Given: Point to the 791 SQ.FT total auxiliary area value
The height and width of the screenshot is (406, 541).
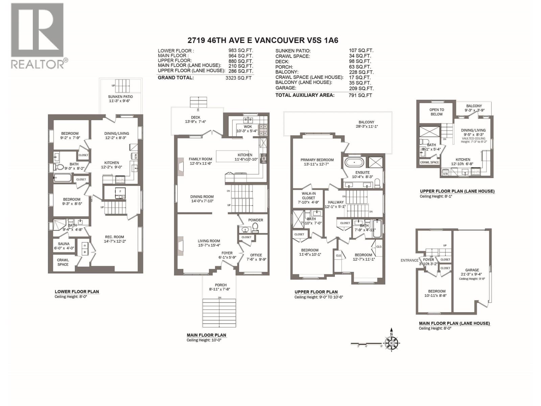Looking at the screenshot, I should [x=360, y=95].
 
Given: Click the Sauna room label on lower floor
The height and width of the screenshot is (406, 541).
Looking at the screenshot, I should [x=64, y=244].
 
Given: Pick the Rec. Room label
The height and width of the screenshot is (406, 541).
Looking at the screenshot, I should [x=114, y=237].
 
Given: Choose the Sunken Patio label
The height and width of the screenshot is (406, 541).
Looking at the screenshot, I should [x=120, y=97].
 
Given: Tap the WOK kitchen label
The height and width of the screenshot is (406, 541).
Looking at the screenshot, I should [x=248, y=127].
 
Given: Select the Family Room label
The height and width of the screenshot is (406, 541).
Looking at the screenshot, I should [x=201, y=159].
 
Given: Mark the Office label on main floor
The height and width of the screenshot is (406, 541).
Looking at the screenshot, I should [x=256, y=255].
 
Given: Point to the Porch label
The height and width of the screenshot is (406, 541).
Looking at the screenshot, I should [x=220, y=285].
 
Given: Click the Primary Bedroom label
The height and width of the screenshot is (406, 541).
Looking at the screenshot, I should [x=317, y=160].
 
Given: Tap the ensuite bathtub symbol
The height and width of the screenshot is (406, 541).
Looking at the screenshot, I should [x=354, y=162].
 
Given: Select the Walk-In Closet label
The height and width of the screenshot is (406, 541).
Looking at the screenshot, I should [x=308, y=196].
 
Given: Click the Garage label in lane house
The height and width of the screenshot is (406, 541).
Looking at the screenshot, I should [x=472, y=270].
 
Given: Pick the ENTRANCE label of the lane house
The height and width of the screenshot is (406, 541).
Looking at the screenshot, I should [x=409, y=261].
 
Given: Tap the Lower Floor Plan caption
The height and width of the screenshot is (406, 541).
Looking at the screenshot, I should [x=77, y=292].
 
